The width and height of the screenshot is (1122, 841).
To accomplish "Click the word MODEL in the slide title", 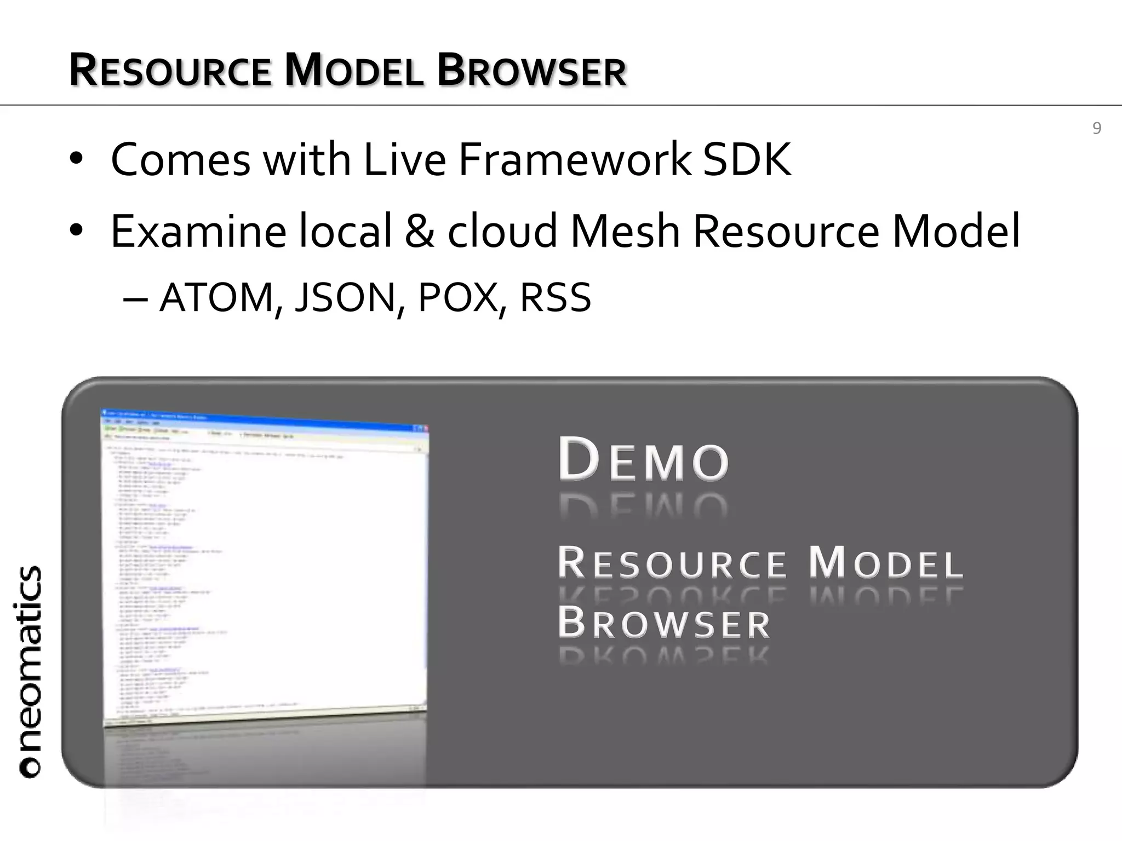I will click(354, 71).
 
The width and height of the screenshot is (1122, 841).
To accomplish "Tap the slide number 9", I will click(1096, 128).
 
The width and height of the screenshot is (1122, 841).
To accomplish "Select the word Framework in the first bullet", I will click(575, 160).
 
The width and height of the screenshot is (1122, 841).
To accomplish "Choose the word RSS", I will click(555, 298).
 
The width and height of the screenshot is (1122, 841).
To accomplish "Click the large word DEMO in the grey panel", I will click(644, 460).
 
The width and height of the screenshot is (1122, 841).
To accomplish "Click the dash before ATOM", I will click(135, 299).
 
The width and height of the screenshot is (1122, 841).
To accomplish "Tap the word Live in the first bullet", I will click(404, 160).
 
